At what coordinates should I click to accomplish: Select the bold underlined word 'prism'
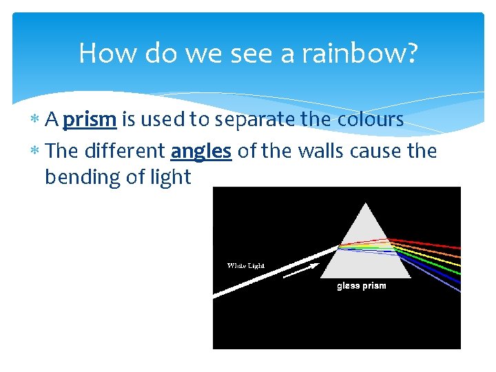point(90,120)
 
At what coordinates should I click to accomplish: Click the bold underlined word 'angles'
point(200,150)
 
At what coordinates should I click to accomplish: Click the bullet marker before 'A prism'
point(35,120)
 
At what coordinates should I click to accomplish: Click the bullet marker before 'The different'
point(35,151)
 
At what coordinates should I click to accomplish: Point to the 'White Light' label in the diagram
point(246,265)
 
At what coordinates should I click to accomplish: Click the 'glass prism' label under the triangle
point(361,286)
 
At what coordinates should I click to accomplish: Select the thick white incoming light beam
point(276,271)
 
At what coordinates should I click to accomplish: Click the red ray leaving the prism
point(434,244)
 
